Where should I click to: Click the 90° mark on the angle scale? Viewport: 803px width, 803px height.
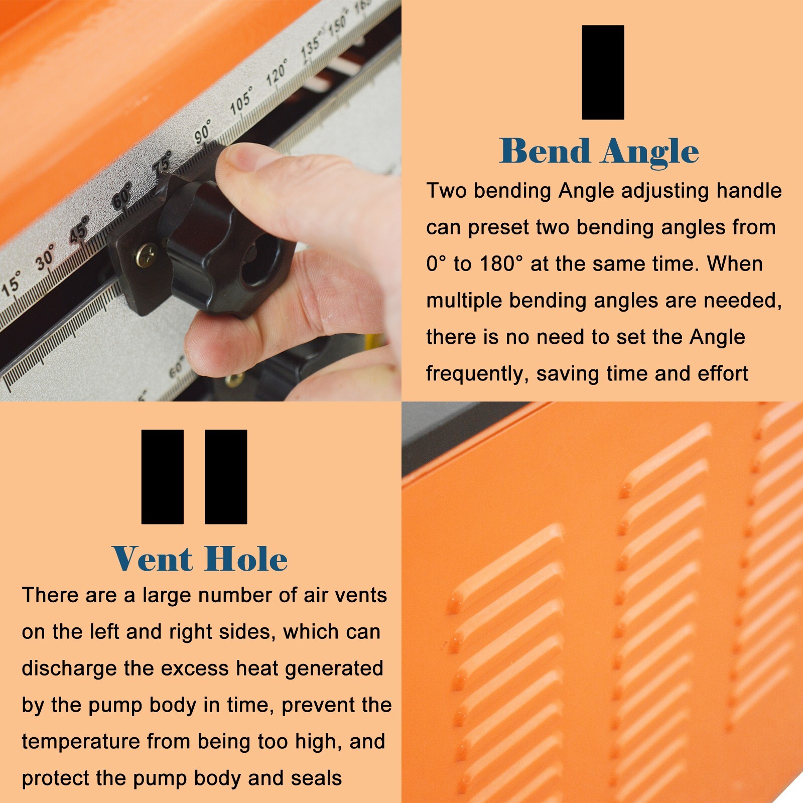(x=203, y=132)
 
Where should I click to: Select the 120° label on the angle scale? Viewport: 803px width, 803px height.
(x=276, y=73)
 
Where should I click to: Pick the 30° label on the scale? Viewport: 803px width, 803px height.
(x=44, y=258)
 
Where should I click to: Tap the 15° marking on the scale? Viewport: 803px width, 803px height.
(x=11, y=284)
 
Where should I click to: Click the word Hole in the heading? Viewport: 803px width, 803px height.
(x=246, y=559)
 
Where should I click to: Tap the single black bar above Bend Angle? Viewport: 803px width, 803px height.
(x=603, y=72)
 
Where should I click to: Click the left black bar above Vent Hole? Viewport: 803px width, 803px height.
(x=162, y=477)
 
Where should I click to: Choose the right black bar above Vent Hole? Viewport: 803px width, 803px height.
(x=226, y=477)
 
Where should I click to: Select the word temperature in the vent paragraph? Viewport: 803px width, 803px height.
(x=80, y=742)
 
